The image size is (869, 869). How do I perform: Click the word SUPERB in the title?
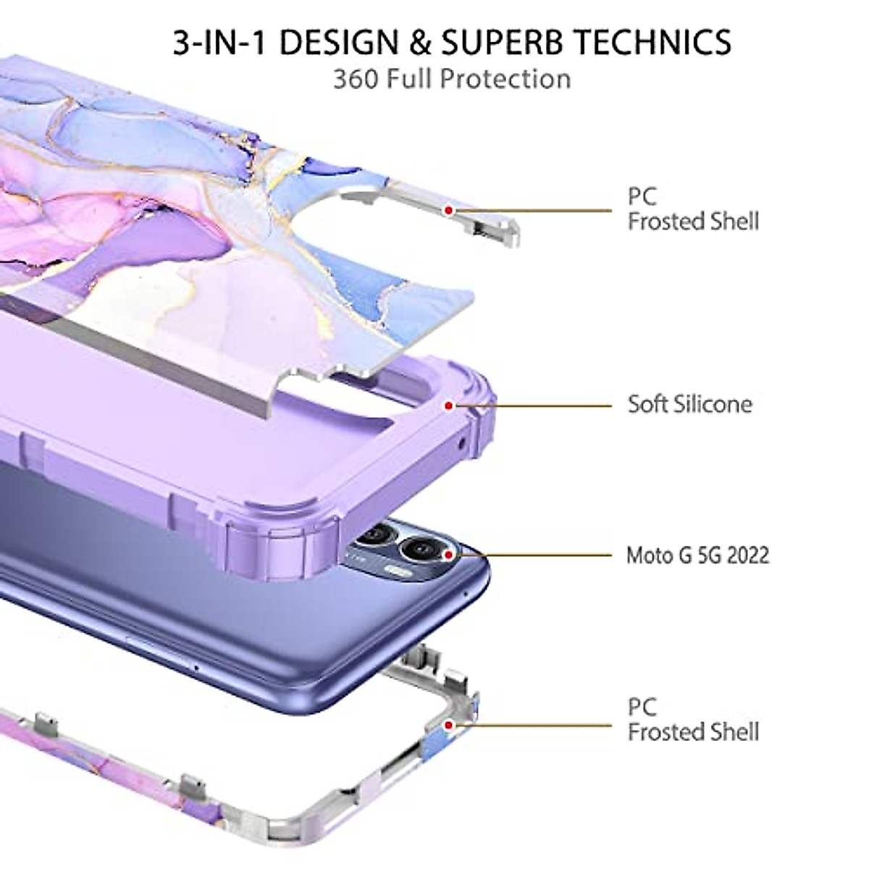[514, 43]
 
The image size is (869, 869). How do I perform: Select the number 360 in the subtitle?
[354, 79]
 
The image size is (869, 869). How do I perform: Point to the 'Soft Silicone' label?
[689, 404]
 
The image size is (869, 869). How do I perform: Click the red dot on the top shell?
[449, 211]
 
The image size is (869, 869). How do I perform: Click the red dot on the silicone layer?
[449, 406]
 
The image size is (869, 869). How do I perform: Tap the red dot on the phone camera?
[449, 555]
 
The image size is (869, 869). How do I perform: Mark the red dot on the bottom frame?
[449, 724]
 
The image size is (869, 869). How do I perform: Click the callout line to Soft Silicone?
[536, 406]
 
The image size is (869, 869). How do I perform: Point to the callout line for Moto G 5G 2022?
[536, 555]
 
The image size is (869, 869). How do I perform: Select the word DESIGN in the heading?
[340, 43]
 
